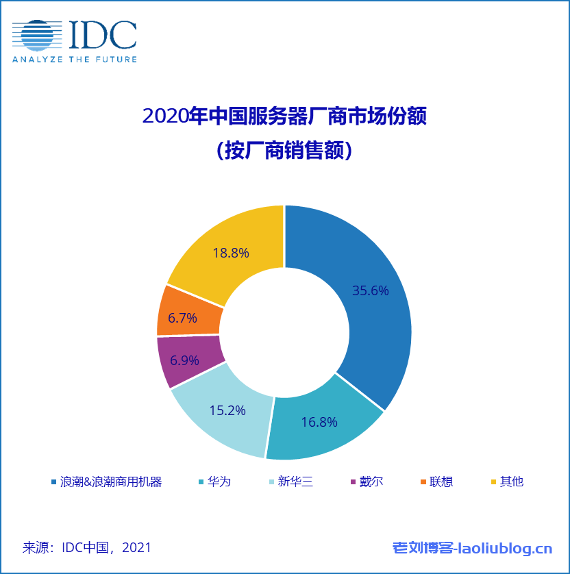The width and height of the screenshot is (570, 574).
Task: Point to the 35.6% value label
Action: [x=371, y=291]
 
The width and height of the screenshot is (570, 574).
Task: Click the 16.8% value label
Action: [x=319, y=423]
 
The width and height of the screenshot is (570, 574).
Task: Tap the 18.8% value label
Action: [x=231, y=253]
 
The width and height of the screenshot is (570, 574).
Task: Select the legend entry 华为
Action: [x=219, y=482]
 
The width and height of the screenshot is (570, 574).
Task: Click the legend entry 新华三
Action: [x=295, y=482]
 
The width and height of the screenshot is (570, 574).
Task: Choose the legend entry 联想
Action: [x=441, y=482]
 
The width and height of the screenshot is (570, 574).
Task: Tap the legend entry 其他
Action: [x=511, y=482]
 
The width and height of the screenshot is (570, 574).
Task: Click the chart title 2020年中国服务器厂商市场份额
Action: [x=284, y=116]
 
